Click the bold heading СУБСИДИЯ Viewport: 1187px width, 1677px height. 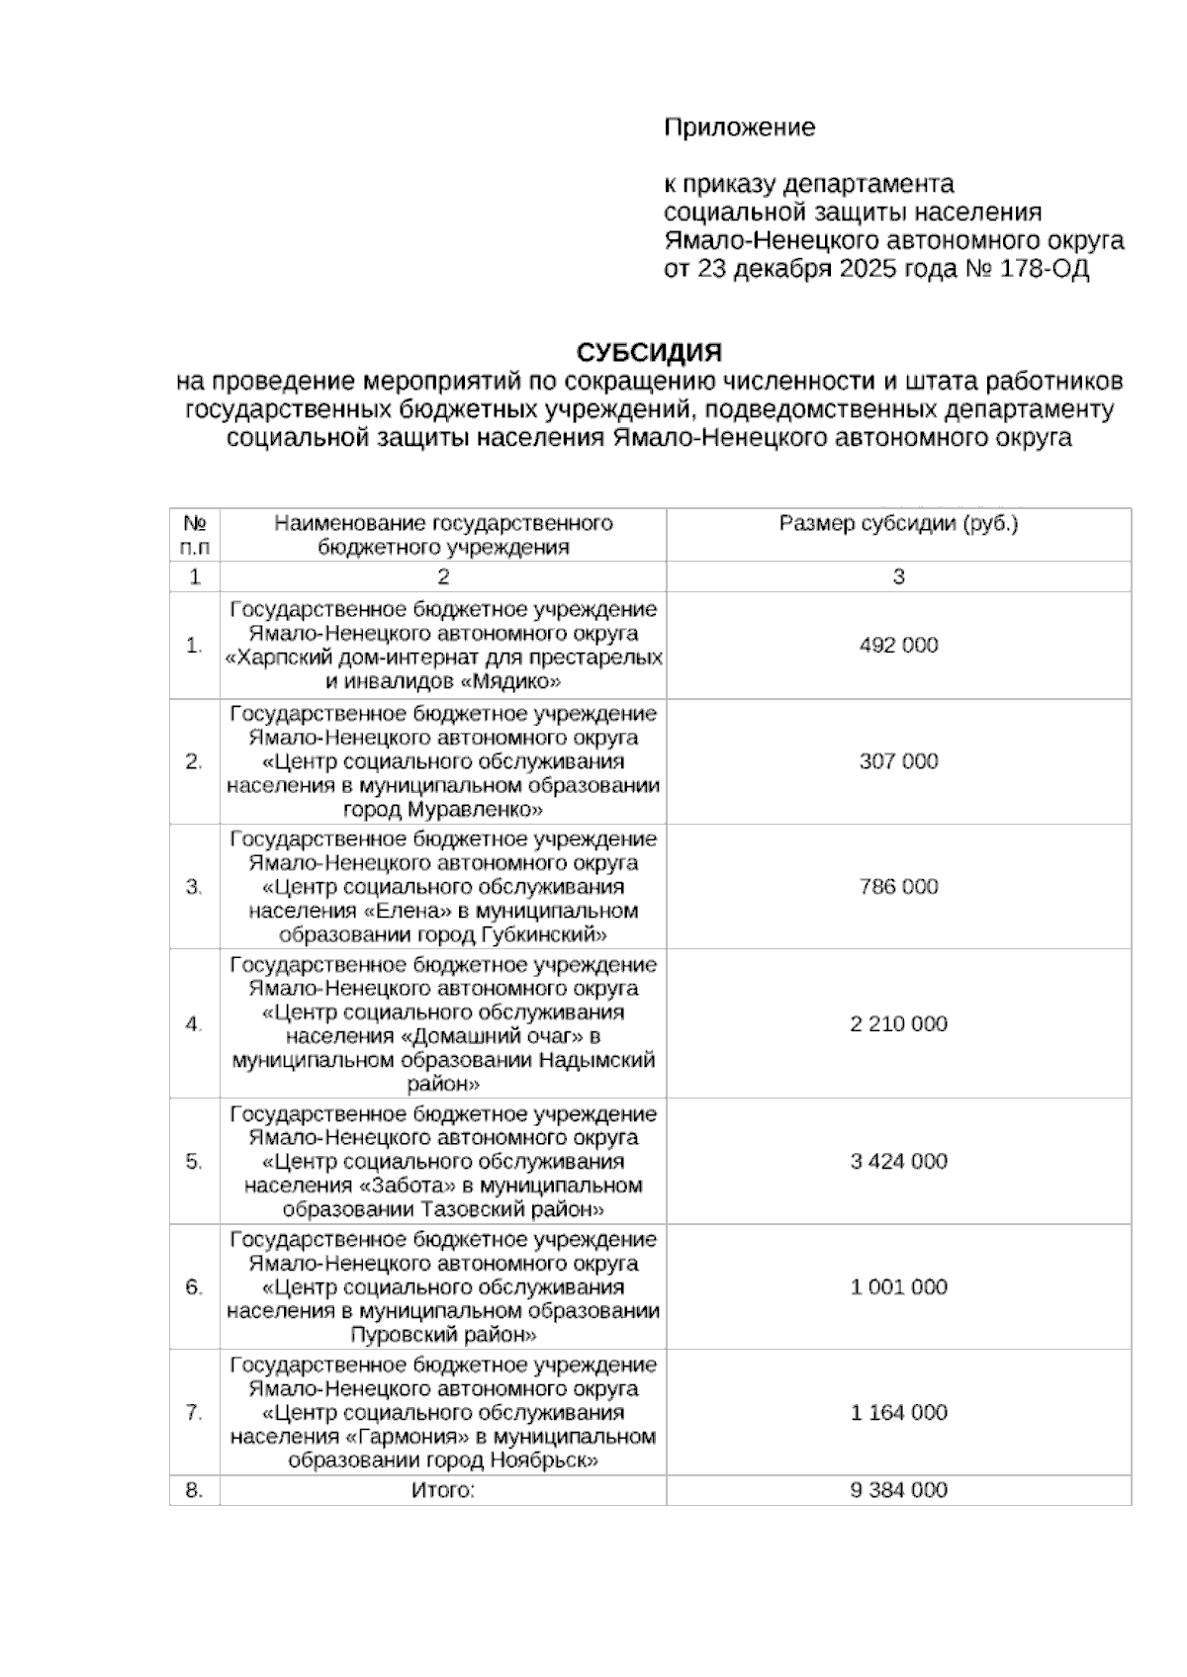point(649,353)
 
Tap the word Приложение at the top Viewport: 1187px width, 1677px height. point(739,128)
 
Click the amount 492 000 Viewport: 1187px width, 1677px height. point(898,646)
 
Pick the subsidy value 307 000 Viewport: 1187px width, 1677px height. point(898,761)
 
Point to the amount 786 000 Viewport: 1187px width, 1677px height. point(898,887)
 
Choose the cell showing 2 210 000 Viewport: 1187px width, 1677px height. point(898,1024)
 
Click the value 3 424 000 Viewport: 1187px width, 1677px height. point(898,1162)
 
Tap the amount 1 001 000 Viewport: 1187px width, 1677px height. point(898,1287)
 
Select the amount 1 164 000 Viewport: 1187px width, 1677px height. point(898,1413)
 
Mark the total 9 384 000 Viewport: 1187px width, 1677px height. point(898,1490)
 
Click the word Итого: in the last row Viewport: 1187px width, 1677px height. point(443,1490)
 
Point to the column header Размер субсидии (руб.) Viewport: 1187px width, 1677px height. point(898,524)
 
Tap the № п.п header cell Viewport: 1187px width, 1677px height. point(195,535)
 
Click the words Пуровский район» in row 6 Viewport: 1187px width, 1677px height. point(443,1335)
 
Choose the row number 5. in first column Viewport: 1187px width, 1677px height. point(194,1162)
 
